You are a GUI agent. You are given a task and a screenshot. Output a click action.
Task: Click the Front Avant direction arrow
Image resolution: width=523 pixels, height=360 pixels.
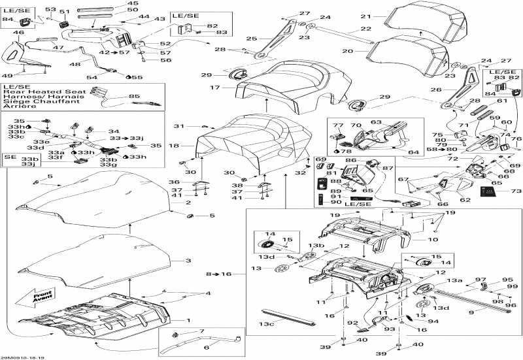(x=41, y=298)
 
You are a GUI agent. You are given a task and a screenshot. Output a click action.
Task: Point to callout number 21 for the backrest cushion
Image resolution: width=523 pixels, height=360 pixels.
(x=384, y=16)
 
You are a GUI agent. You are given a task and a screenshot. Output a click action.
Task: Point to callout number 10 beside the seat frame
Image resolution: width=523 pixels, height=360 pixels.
(x=433, y=240)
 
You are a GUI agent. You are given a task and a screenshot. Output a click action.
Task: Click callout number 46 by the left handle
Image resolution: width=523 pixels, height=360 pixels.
(x=19, y=32)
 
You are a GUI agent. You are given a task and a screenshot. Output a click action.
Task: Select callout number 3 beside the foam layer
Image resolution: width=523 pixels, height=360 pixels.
(x=189, y=261)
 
